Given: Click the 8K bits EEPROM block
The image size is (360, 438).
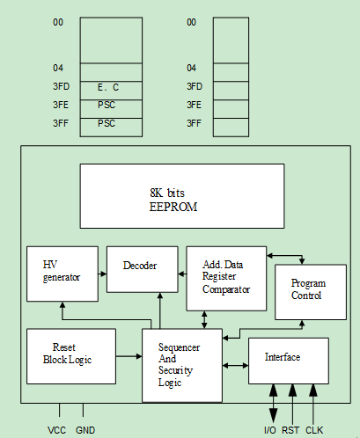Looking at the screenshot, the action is point(182,196).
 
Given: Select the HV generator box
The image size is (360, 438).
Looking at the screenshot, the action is point(62,274).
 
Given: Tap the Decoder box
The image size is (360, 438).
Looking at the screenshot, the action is point(143,269).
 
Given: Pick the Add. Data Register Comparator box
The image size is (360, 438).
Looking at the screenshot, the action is point(226,279).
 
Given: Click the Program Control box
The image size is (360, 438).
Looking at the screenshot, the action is point(311,292).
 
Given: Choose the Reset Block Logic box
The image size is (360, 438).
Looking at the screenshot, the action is point(71,356).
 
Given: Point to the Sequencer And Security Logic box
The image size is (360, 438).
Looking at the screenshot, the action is point(182,365).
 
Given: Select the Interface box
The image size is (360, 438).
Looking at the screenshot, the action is point(289,361).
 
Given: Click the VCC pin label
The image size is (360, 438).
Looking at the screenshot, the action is point(56,430).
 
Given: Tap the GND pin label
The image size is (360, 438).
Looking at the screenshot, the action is point(85,430).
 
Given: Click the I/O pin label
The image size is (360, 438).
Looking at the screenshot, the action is point(270,430).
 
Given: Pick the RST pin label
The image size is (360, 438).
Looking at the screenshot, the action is point(290,430).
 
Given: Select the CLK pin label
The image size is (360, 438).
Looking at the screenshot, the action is point(314,430).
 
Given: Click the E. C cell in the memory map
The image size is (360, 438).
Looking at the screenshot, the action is point(111,91).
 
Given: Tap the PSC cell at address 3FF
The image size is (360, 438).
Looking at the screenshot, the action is point(111,128).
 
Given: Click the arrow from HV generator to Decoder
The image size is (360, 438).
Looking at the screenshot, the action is point(102,274).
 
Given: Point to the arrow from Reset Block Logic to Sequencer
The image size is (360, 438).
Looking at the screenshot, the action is point(129,356).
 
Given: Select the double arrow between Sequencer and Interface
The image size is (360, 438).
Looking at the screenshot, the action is point(235,365).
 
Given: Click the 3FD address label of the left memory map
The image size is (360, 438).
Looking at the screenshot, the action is point(61,86).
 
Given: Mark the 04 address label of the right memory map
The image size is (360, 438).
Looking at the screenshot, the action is point(191,68).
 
